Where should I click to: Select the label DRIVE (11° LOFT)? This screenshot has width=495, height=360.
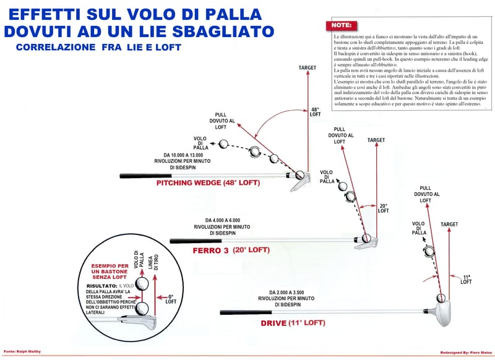point(288,323)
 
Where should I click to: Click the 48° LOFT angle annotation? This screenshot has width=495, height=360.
point(316,113)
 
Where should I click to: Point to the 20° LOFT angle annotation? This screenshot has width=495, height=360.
point(384,209)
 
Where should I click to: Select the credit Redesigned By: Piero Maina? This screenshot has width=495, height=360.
point(460,353)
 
